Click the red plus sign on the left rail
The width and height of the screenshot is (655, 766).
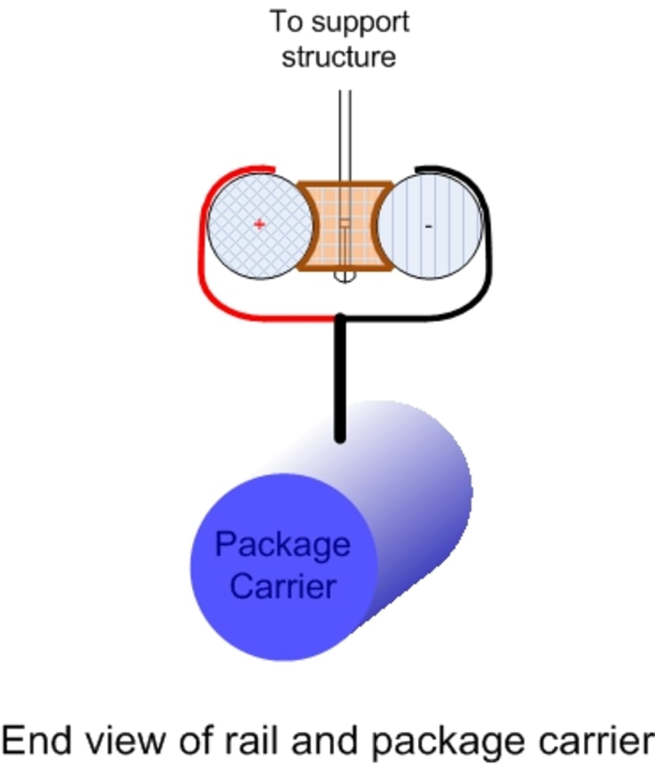click(259, 225)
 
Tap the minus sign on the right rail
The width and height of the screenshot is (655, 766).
click(428, 227)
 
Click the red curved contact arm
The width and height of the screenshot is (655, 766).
click(203, 262)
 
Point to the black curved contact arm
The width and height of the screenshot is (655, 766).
click(488, 262)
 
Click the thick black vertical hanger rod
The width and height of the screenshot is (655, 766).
click(340, 380)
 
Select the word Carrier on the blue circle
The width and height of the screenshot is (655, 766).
click(283, 586)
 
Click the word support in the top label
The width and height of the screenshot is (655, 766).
click(360, 23)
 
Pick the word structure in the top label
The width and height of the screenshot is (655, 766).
click(339, 57)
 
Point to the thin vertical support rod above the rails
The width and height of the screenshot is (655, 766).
click(345, 131)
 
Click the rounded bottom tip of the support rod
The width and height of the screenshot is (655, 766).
click(345, 278)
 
